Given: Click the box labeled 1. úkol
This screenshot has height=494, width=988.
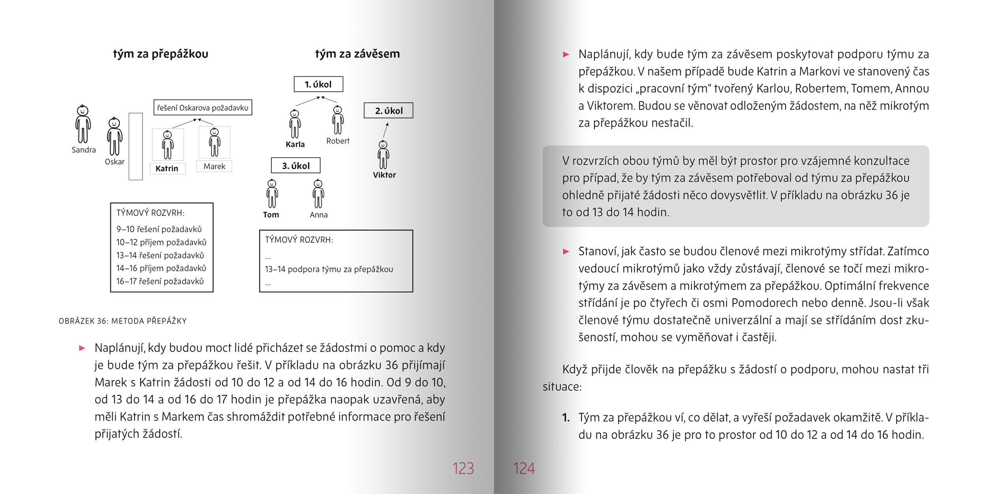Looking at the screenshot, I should tap(318, 84).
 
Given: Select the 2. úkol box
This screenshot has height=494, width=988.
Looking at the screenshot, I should tap(388, 111).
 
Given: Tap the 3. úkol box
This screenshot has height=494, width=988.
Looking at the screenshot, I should tap(296, 166).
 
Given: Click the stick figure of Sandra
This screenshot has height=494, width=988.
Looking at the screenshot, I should tap(83, 124).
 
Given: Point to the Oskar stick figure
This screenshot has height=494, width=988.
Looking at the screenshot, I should tap(115, 136).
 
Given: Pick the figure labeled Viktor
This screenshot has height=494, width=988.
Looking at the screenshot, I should tap(383, 155).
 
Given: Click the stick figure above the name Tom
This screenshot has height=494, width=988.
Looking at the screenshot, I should tap(272, 194).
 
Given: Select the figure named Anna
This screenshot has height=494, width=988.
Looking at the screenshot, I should tap(318, 194).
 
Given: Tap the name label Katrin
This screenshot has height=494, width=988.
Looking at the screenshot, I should tap(167, 168).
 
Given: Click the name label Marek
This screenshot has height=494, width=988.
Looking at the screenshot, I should tap(214, 166).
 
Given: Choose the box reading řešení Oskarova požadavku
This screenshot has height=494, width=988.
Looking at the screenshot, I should tap(203, 107).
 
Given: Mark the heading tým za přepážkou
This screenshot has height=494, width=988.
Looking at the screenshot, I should tap(160, 54).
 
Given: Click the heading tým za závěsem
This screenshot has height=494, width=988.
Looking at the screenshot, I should tap(357, 54).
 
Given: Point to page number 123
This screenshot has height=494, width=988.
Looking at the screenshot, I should tap(463, 468).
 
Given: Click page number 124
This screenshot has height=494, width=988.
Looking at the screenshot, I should tap(524, 468).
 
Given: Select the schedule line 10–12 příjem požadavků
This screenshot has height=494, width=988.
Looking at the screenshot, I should tap(161, 242).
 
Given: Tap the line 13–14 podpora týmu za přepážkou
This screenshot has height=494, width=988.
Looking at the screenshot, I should tap(329, 269).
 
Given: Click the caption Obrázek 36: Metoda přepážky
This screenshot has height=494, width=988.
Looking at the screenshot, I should tap(123, 321).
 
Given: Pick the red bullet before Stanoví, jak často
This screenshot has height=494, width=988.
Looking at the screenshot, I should tap(566, 251).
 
